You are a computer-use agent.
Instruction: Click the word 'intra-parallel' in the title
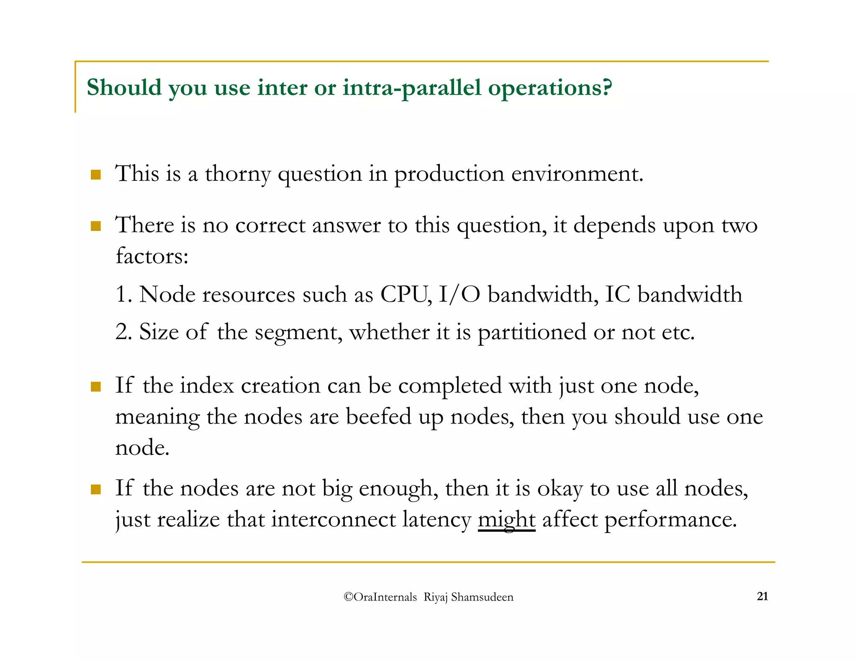[x=412, y=88]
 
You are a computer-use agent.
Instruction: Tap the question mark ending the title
[x=607, y=87]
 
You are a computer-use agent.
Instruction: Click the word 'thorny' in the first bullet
[x=238, y=174]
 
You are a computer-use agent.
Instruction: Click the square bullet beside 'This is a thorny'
[x=96, y=174]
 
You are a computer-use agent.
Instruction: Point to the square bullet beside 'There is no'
[x=96, y=226]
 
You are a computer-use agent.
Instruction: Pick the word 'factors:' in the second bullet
[x=152, y=256]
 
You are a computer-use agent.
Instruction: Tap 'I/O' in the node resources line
[x=459, y=294]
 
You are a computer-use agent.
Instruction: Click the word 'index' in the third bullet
[x=207, y=385]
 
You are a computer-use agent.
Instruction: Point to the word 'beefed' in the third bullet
[x=378, y=416]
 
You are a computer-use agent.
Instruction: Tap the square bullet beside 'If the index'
[x=96, y=386]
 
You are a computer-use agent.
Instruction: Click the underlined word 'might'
[x=506, y=520]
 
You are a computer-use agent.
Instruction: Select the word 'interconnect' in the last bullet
[x=333, y=519]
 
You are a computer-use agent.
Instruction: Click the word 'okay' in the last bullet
[x=559, y=489]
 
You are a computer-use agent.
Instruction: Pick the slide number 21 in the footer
[x=762, y=596]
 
